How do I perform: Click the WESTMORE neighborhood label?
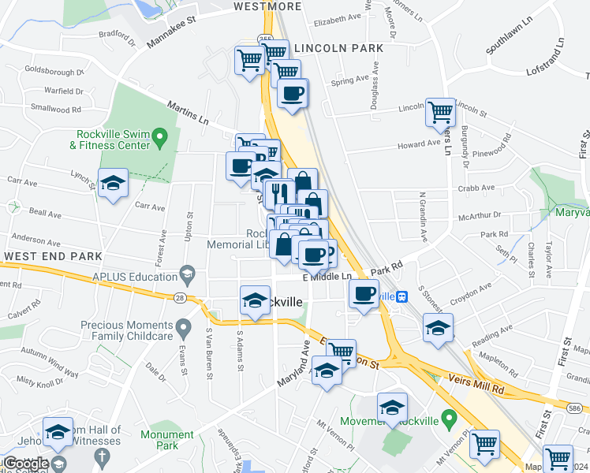(267, 7)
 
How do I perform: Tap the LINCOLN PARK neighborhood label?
(338, 48)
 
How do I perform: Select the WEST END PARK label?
(52, 256)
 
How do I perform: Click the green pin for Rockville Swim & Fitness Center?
(160, 140)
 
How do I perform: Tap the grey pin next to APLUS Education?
(187, 275)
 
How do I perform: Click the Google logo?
(25, 463)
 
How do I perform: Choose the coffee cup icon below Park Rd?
(364, 294)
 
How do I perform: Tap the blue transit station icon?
(402, 296)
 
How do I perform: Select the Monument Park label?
(166, 440)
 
